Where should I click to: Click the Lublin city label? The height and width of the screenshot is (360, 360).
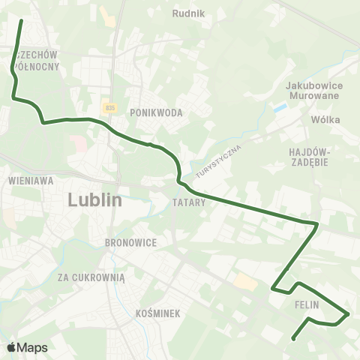[x=94, y=200]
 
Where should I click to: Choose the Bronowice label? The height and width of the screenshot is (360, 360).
[x=130, y=243]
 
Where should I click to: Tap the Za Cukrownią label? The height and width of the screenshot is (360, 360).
[x=91, y=277]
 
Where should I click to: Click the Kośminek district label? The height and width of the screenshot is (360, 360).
[x=159, y=313]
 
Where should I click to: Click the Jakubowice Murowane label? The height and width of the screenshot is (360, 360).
[x=314, y=91]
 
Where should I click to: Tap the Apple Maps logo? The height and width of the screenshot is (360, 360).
[x=26, y=347]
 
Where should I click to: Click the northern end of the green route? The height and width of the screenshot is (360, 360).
[x=21, y=20]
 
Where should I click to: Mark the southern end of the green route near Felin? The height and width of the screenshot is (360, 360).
[x=293, y=338]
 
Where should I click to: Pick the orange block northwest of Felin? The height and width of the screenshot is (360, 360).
[x=244, y=282]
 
